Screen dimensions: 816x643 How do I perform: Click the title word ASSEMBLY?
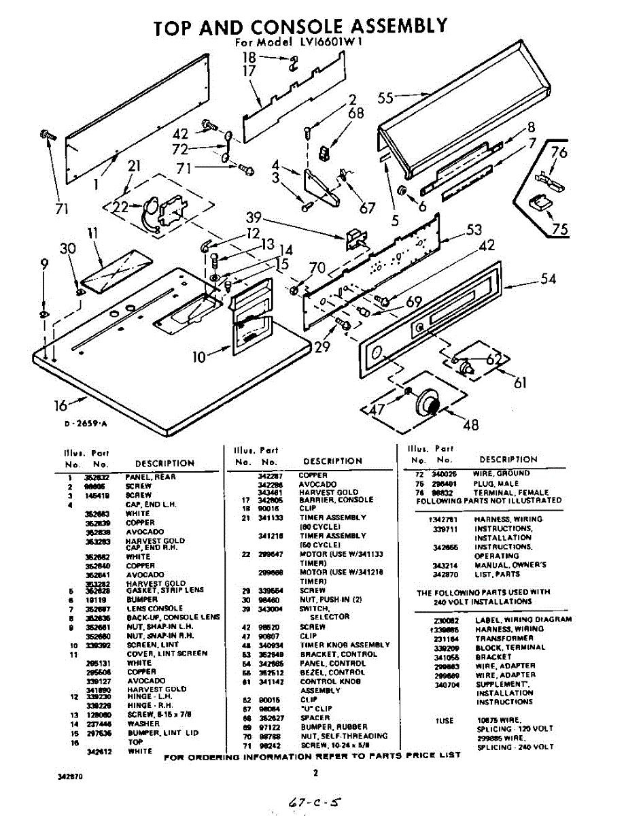398,27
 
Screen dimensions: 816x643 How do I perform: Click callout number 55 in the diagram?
385,97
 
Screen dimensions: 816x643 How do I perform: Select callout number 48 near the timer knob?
470,425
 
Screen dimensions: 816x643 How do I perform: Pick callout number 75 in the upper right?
559,228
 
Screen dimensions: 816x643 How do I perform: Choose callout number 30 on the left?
67,249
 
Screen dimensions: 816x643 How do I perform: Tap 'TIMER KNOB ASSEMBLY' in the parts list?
345,645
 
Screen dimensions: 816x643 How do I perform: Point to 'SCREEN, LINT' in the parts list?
152,645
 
